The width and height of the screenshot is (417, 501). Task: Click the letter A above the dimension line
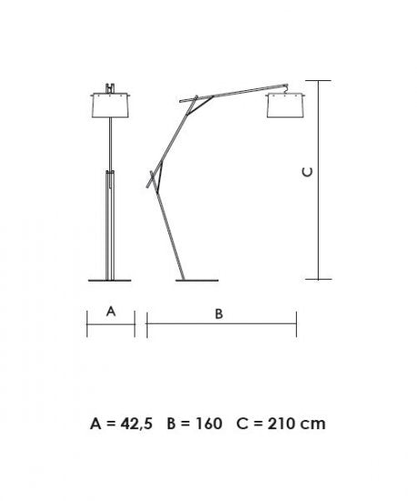point(111,312)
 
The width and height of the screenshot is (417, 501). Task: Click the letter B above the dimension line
point(219,313)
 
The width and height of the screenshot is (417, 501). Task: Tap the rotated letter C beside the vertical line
point(308,172)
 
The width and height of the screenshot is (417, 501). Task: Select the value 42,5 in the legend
point(137,424)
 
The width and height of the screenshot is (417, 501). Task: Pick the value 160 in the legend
point(208,424)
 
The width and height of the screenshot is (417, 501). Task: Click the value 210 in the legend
point(281,424)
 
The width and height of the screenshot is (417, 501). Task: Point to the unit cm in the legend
point(313,425)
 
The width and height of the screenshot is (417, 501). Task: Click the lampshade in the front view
point(110,106)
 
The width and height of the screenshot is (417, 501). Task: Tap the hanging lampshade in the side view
point(285,106)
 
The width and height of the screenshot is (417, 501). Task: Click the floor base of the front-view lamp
point(109,281)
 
